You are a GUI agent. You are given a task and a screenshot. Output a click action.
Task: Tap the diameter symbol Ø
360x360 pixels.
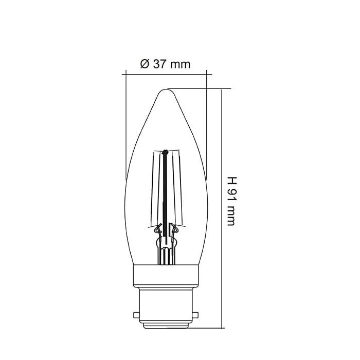pyautogui.click(x=144, y=64)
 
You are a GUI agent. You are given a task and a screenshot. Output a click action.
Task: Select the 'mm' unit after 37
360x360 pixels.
pyautogui.click(x=181, y=64)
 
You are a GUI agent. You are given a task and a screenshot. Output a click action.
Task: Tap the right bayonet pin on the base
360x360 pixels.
pyautogui.click(x=197, y=314)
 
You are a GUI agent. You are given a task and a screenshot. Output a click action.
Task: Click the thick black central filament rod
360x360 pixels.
pyautogui.click(x=165, y=195)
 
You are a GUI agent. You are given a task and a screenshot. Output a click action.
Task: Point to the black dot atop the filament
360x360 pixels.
pyautogui.click(x=165, y=152)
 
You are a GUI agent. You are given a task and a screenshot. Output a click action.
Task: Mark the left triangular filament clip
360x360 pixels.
pyautogui.click(x=158, y=229)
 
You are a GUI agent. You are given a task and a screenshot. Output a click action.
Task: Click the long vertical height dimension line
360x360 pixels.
pyautogui.click(x=223, y=206)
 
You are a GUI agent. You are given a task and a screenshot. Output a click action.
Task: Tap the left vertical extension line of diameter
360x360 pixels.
pyautogui.click(x=126, y=123)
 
